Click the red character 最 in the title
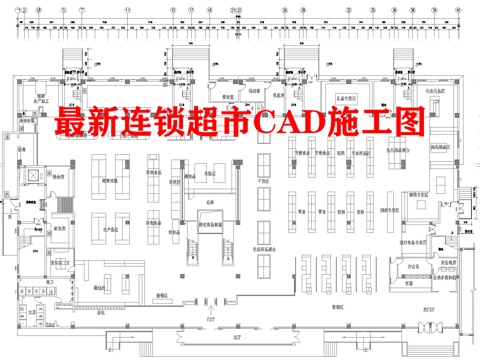71,124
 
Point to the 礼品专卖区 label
346,100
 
